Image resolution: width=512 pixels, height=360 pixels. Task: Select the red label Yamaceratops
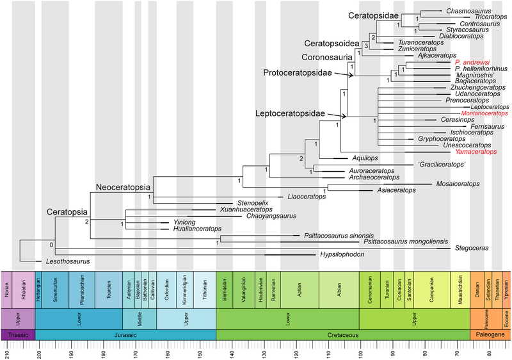[x=474, y=152]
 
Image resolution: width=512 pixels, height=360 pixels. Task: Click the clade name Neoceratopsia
[x=123, y=187]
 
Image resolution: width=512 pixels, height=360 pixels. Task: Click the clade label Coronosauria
[x=323, y=56]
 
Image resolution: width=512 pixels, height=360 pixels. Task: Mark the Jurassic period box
[x=125, y=335]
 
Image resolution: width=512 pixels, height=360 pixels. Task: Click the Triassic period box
[x=18, y=335]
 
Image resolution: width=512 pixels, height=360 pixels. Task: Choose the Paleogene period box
[x=491, y=335]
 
